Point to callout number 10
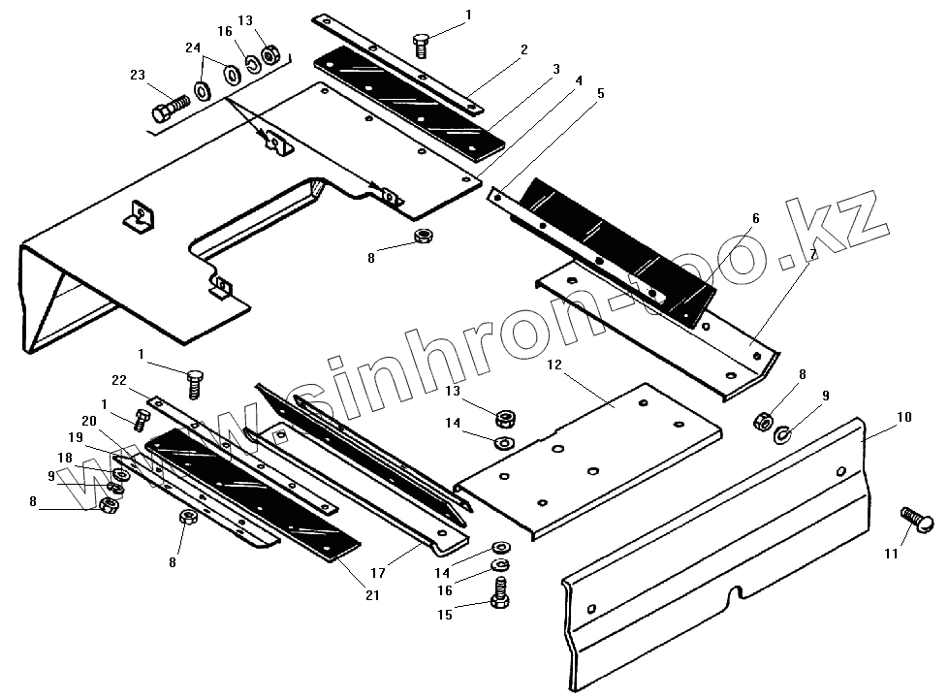903,418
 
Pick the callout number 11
891,554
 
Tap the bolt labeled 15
500,593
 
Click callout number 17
377,573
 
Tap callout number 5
601,94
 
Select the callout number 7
812,253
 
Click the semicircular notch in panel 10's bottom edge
737,590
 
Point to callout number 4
578,80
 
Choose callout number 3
556,69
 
